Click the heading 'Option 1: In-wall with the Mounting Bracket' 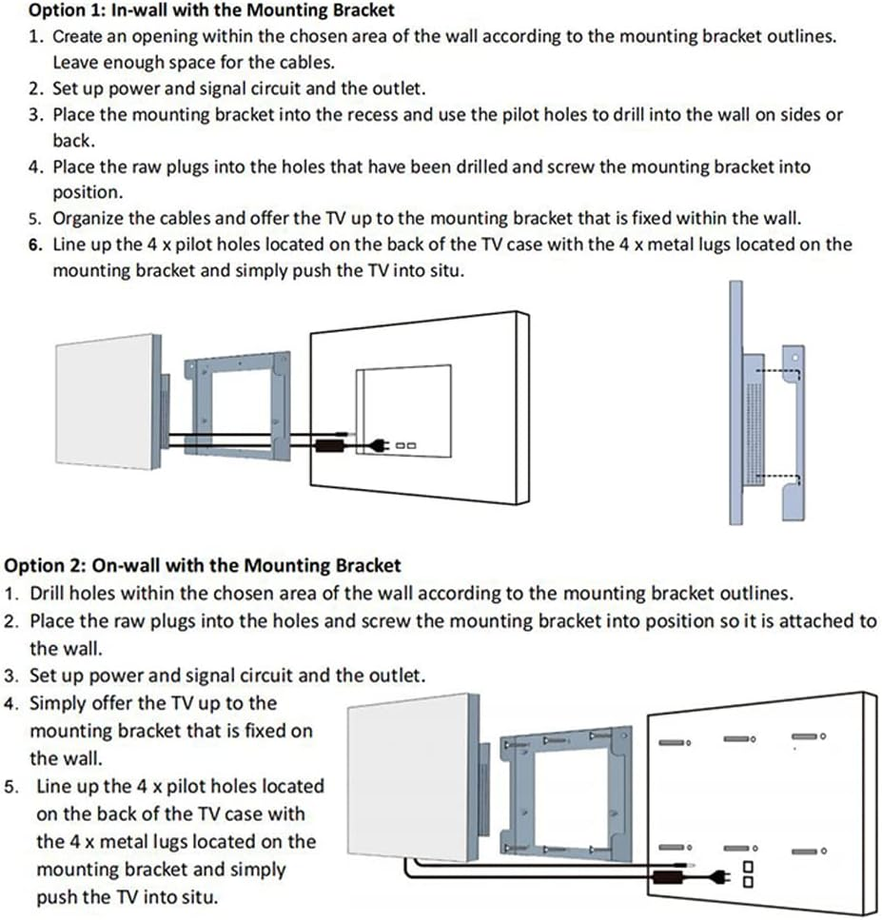(x=212, y=11)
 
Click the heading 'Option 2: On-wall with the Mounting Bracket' (x=203, y=565)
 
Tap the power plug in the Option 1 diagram (x=377, y=443)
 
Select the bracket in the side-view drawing (x=792, y=433)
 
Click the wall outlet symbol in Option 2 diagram (x=748, y=873)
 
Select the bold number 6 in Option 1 (x=34, y=244)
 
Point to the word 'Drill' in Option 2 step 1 (x=47, y=593)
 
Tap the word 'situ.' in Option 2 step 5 (x=196, y=896)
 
